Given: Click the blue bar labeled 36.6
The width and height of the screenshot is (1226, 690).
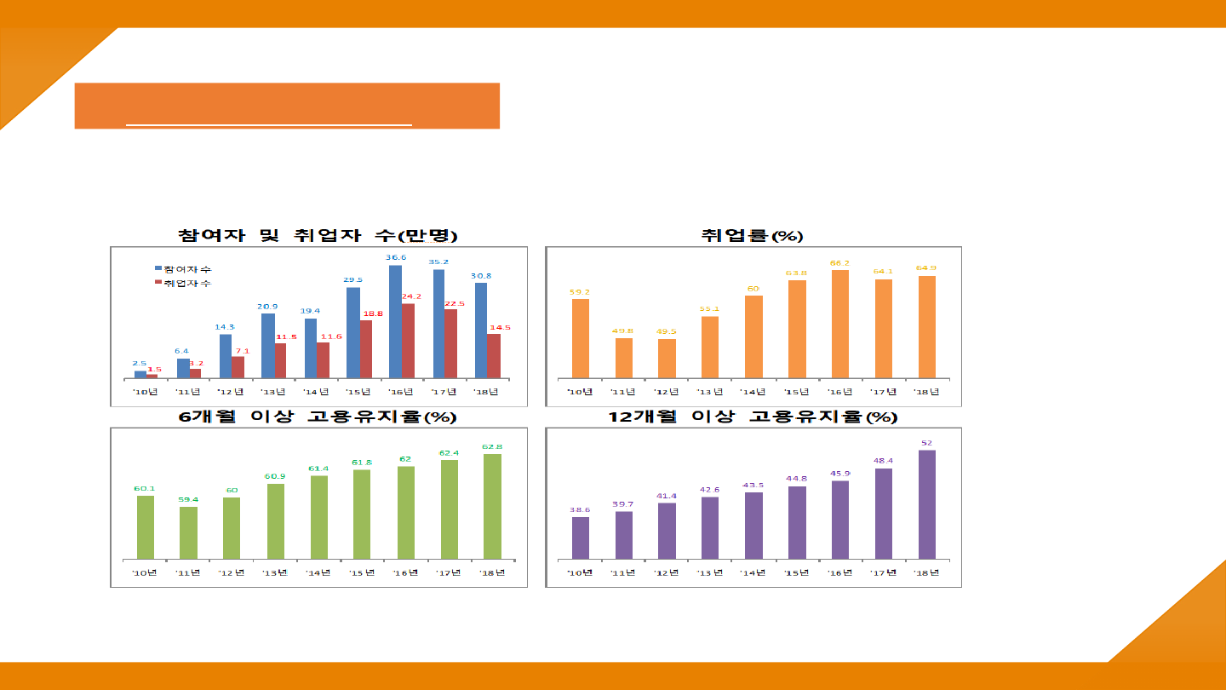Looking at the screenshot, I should [395, 322].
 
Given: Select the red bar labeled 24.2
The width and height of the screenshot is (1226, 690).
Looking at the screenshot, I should [408, 341].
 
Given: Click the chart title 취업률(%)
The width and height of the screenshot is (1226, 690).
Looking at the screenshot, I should [753, 236].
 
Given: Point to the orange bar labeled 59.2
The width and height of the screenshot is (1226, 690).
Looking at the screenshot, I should [581, 338].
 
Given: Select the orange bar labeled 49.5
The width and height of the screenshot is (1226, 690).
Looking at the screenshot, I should [667, 359].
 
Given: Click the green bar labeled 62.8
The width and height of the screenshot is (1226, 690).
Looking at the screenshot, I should [492, 506].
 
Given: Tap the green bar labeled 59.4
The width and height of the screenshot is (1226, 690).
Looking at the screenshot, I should [189, 532].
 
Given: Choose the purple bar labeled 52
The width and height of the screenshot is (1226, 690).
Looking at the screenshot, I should [926, 504].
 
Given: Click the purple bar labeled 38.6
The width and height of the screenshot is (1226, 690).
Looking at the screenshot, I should [581, 538].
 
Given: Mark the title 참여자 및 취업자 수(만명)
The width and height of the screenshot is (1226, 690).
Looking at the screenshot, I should [318, 236].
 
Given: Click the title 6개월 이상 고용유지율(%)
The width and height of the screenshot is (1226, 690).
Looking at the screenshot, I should [318, 417].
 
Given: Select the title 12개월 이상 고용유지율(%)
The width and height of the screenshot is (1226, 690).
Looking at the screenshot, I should [753, 417].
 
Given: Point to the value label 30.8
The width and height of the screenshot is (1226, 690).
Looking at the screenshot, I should [481, 276].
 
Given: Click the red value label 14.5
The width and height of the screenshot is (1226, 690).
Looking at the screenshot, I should [500, 327].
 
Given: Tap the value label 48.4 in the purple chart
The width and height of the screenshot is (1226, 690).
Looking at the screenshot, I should [883, 461].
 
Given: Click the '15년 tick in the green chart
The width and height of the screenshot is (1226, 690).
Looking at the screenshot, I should [361, 572].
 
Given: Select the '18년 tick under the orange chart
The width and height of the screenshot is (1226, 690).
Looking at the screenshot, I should [926, 392].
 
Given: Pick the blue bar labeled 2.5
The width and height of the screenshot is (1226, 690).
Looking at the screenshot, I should [140, 374].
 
